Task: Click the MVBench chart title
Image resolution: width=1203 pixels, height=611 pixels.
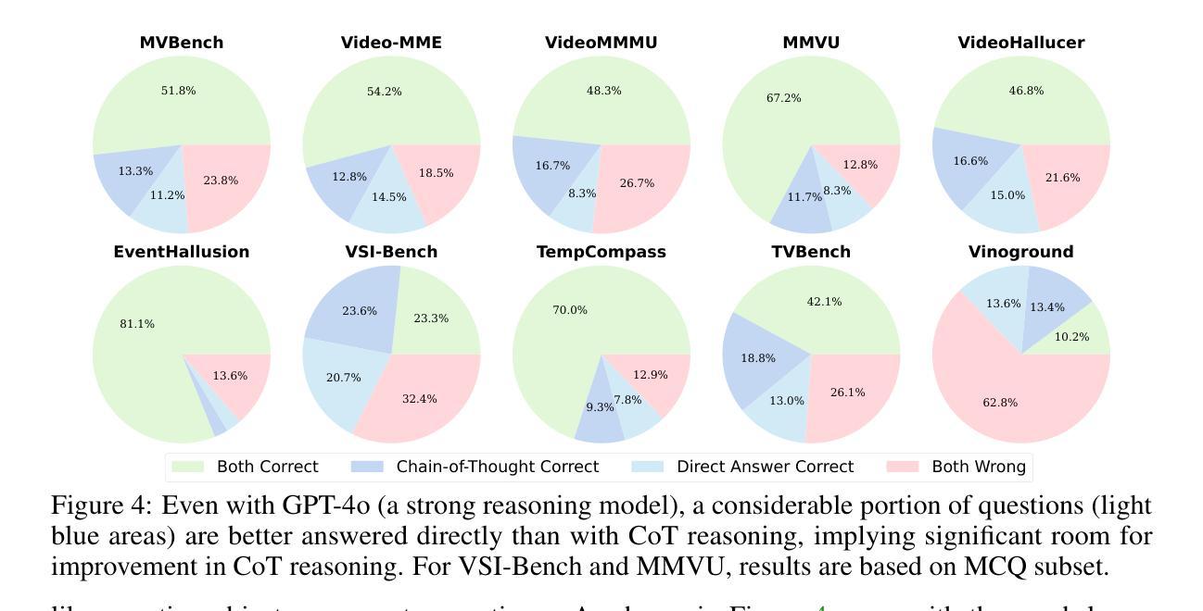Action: coord(182,43)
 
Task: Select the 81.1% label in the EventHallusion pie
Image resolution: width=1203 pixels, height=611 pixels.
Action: coord(137,324)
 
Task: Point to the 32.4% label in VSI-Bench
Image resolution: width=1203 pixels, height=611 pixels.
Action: coord(420,399)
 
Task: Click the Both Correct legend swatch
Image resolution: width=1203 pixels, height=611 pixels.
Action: coord(188,467)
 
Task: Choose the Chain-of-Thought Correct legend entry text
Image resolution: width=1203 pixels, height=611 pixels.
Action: coord(497,467)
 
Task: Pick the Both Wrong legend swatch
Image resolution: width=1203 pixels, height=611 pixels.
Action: coord(903,467)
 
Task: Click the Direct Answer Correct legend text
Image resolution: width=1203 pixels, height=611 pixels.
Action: coord(765,467)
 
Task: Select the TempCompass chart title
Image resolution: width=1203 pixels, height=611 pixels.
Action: coord(601,252)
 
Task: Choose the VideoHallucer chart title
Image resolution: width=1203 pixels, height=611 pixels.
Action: coord(1021,43)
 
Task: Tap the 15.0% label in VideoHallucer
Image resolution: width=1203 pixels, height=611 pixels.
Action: coord(1007,195)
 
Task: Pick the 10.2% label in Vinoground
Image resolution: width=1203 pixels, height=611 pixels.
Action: coord(1072,337)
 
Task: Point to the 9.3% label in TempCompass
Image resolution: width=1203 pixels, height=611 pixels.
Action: coord(600,407)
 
